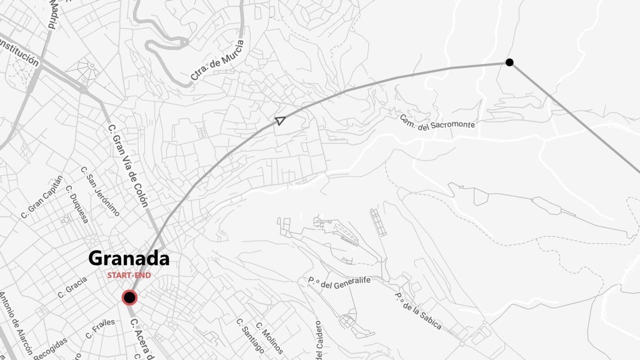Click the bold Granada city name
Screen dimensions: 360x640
click(x=129, y=258)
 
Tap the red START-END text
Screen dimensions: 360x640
click(x=129, y=275)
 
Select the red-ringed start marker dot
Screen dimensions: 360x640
click(x=129, y=298)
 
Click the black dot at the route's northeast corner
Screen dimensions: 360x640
click(x=509, y=62)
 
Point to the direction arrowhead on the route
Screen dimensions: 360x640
click(x=280, y=120)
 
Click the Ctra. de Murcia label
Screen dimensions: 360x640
click(x=218, y=60)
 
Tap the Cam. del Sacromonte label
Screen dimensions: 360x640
click(x=437, y=122)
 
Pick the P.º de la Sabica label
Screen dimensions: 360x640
click(x=418, y=311)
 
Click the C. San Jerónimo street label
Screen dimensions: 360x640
click(x=100, y=191)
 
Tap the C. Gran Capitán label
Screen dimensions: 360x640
click(x=42, y=197)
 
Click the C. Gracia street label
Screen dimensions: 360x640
click(x=72, y=287)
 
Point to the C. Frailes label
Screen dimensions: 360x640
click(x=100, y=328)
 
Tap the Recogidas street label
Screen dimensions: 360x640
click(x=50, y=348)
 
